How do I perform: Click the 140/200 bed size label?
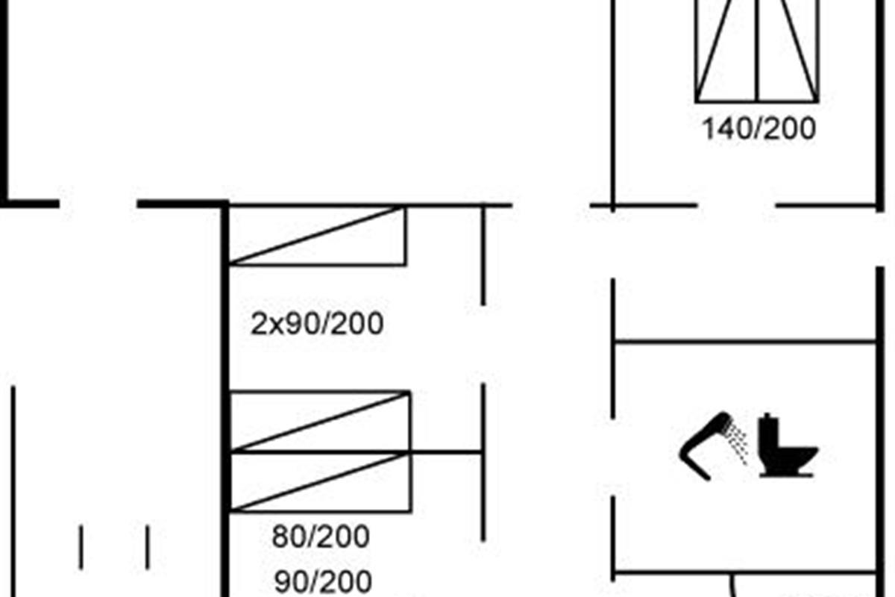pyautogui.click(x=759, y=129)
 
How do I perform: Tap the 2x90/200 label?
pyautogui.click(x=317, y=323)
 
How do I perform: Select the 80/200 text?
pyautogui.click(x=321, y=537)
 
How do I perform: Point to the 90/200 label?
pyautogui.click(x=323, y=582)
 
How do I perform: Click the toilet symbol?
pyautogui.click(x=786, y=445)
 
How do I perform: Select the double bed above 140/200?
pyautogui.click(x=757, y=51)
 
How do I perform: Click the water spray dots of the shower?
pyautogui.click(x=738, y=443)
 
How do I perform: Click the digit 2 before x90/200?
pyautogui.click(x=259, y=324)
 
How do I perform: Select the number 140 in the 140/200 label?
pyautogui.click(x=725, y=129)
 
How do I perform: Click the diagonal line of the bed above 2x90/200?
pyautogui.click(x=315, y=235)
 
